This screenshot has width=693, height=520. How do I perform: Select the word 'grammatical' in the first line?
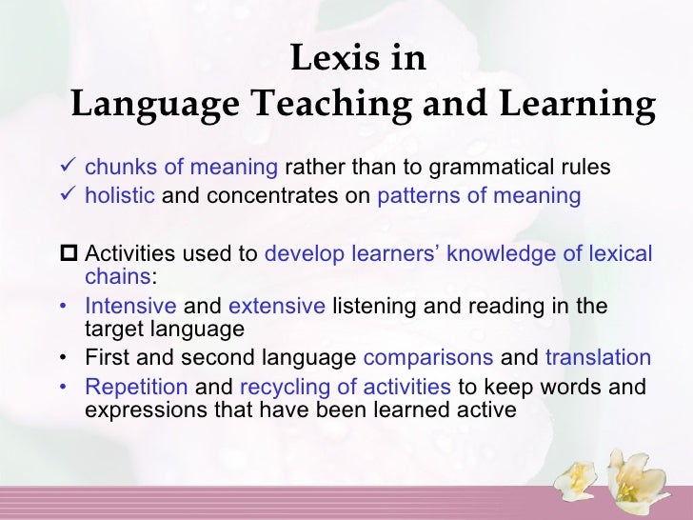pyautogui.click(x=492, y=169)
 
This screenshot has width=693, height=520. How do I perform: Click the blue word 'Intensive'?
pyautogui.click(x=130, y=308)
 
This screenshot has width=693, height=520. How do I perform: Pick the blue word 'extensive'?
pyautogui.click(x=277, y=308)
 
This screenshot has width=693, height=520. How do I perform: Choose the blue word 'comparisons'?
pyautogui.click(x=428, y=359)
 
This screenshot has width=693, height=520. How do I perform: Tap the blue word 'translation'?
pyautogui.click(x=598, y=359)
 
